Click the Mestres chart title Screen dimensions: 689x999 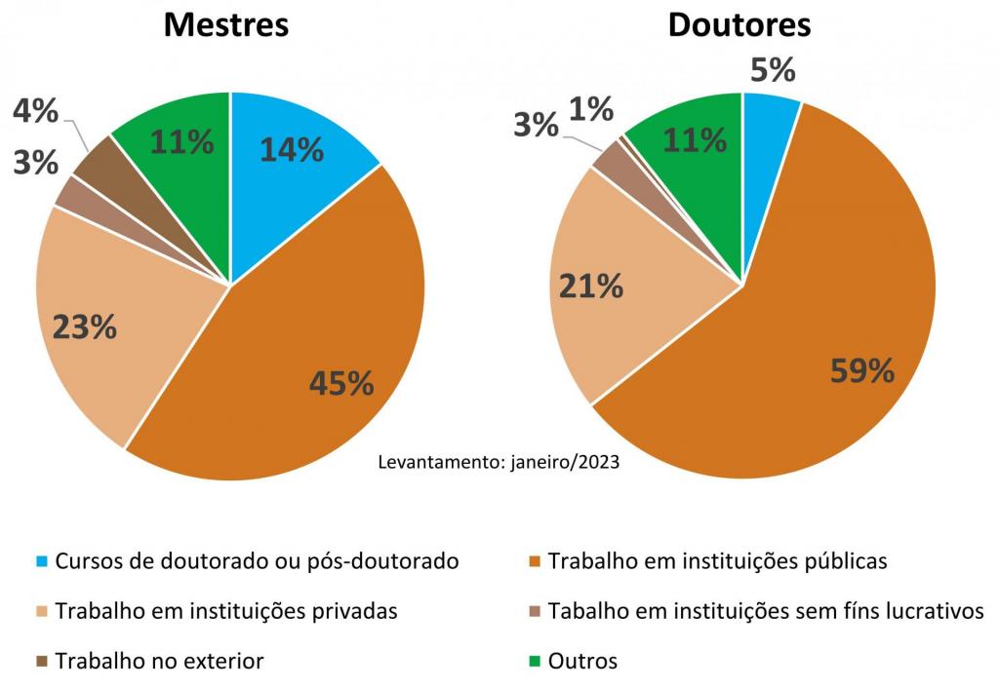tap(225, 24)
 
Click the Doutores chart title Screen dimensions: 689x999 tap(739, 24)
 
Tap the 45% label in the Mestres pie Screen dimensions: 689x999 tap(341, 383)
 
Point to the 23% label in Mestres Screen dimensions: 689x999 tap(84, 326)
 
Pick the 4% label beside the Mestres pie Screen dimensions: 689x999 tap(36, 110)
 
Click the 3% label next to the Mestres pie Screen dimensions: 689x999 tap(36, 162)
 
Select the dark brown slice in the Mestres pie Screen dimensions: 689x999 tap(98, 167)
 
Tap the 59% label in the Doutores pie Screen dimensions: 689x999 tap(862, 370)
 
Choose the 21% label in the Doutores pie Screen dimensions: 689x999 tap(590, 286)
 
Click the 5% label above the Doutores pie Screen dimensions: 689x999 tap(773, 70)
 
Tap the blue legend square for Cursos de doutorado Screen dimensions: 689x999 tap(42, 562)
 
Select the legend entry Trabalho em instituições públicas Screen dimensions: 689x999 tap(717, 561)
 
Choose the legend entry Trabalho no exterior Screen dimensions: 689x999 tap(159, 661)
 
